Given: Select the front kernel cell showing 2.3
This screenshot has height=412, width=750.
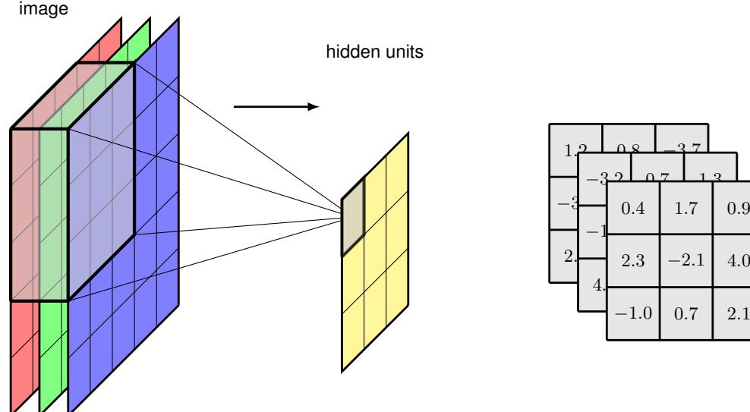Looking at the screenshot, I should coord(633,259).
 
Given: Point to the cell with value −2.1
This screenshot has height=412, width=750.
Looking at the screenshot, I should coord(686,259).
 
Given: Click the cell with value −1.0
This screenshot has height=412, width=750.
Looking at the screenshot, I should coord(633,313).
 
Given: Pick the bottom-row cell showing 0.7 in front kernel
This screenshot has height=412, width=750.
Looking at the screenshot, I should coord(686,313).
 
